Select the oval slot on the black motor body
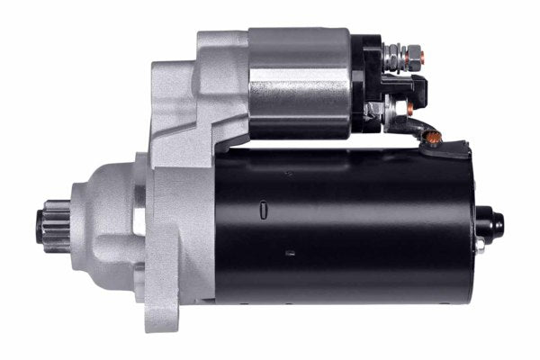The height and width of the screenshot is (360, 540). pyautogui.click(x=263, y=209)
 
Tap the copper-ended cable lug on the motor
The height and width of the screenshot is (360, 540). pyautogui.click(x=435, y=138)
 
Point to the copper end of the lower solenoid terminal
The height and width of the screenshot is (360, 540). pyautogui.click(x=410, y=109)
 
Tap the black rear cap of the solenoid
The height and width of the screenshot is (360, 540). pyautogui.click(x=366, y=85)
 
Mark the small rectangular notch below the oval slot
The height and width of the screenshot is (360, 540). pyautogui.click(x=290, y=253)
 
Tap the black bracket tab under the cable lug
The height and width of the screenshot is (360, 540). pyautogui.click(x=456, y=148)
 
